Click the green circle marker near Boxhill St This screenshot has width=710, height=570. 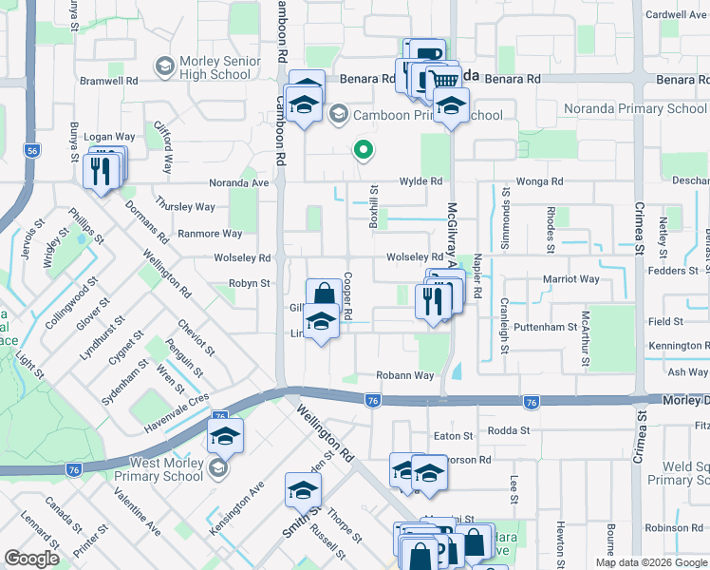[x=362, y=149]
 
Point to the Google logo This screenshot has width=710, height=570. [x=31, y=559]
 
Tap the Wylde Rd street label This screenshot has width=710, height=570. [x=420, y=180]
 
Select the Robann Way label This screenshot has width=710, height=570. [x=404, y=376]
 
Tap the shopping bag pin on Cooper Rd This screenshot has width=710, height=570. [x=324, y=294]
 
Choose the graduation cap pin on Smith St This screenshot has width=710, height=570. [x=303, y=490]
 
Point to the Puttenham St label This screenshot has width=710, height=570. [x=545, y=327]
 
